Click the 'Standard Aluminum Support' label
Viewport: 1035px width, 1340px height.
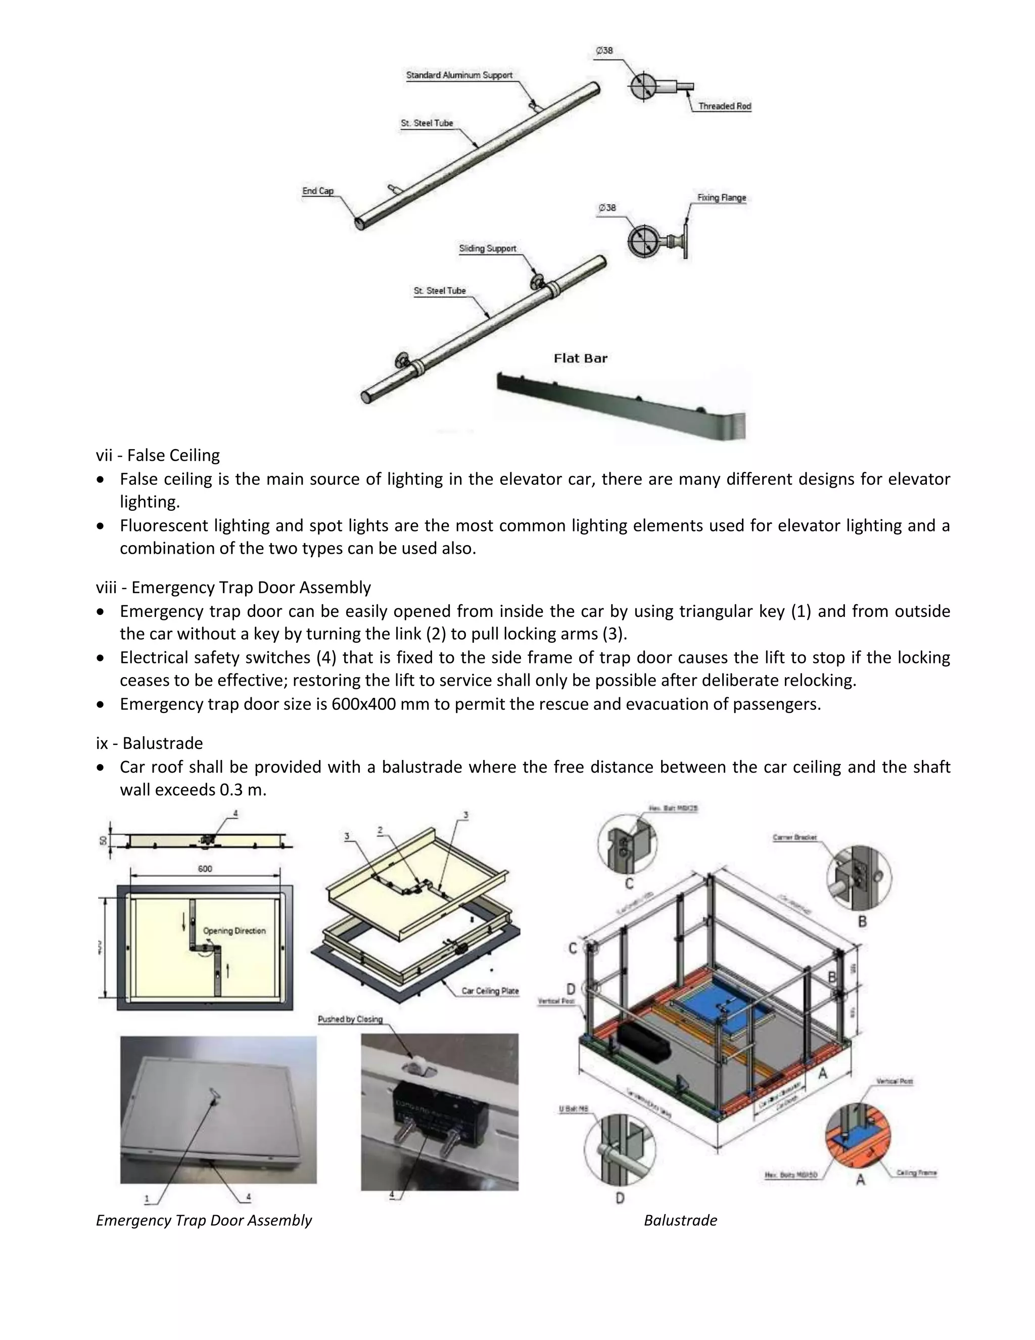(x=459, y=75)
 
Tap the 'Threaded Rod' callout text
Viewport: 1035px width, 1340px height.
(x=724, y=106)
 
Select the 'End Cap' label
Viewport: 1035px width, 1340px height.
(x=317, y=191)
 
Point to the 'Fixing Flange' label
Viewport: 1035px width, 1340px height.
(x=721, y=198)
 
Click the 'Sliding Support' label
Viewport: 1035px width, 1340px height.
(x=488, y=248)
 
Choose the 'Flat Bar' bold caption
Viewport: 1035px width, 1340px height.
(x=580, y=359)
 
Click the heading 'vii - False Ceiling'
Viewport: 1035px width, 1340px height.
(x=158, y=455)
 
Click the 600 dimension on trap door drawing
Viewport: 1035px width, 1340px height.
(x=205, y=868)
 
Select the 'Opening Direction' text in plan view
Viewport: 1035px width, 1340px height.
(x=234, y=931)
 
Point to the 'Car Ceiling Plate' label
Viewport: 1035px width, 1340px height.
(x=489, y=991)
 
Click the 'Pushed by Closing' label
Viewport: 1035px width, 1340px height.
(x=350, y=1019)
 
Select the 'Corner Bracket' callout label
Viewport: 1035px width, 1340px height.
(x=794, y=837)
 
